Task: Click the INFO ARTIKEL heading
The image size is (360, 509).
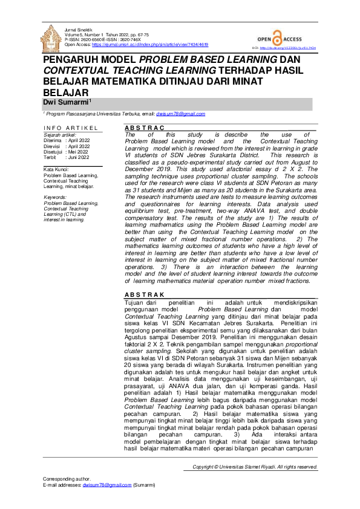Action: [70, 128]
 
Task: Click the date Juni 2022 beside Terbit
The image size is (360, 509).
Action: [79, 157]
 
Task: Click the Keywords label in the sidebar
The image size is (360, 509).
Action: [56, 197]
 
